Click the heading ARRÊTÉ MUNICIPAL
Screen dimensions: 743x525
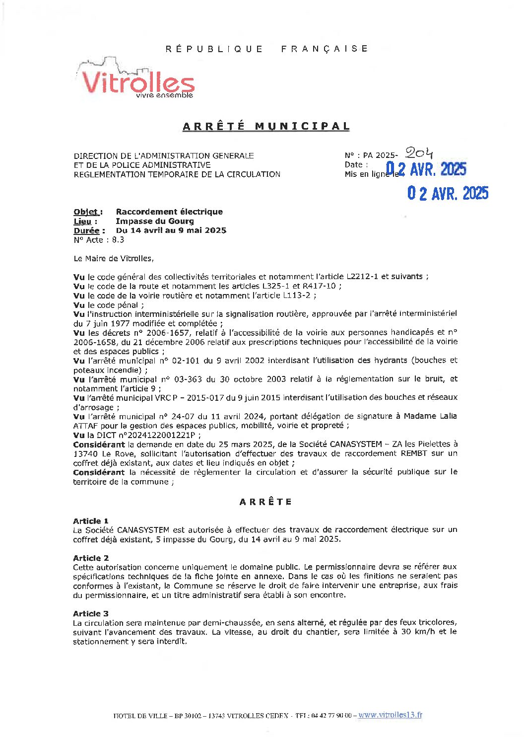pyautogui.click(x=266, y=126)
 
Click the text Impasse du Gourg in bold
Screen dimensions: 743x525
pyautogui.click(x=155, y=222)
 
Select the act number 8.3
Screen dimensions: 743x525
pyautogui.click(x=118, y=240)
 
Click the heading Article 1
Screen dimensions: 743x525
pyautogui.click(x=91, y=521)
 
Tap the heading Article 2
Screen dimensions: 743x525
pyautogui.click(x=91, y=558)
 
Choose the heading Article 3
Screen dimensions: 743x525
pyautogui.click(x=91, y=614)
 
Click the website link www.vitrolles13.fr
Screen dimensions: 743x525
pyautogui.click(x=390, y=715)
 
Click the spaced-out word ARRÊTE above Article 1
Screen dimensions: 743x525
pyautogui.click(x=265, y=502)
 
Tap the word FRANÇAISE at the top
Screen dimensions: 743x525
pyautogui.click(x=325, y=49)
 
